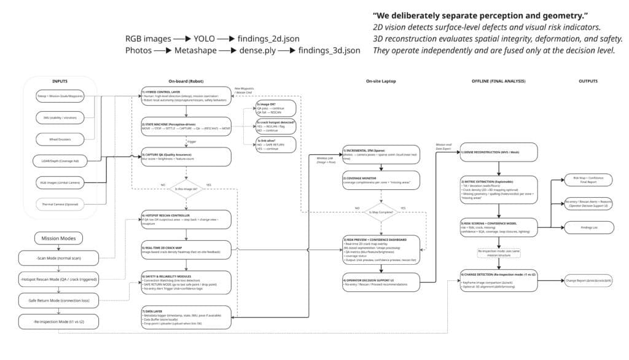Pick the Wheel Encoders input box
60,138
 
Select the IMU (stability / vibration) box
60,117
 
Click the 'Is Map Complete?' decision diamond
381,213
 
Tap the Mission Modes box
60,238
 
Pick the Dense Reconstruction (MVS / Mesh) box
499,152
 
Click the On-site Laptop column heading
381,82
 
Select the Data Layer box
186,316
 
